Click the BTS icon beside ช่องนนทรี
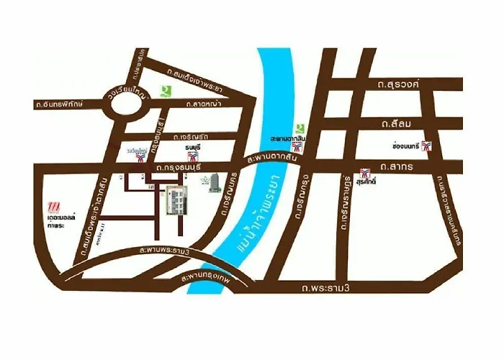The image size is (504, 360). point(428,146)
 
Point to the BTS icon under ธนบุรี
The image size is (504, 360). point(193,156)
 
